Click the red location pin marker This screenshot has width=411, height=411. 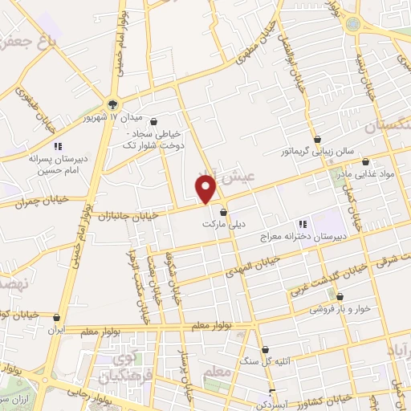pyautogui.click(x=206, y=189)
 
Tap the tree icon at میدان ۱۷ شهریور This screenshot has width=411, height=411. pyautogui.click(x=112, y=102)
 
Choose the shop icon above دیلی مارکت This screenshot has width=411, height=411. pyautogui.click(x=224, y=213)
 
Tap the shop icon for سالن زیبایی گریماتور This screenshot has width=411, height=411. pyautogui.click(x=319, y=138)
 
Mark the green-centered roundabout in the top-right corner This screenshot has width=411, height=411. pyautogui.click(x=352, y=24)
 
